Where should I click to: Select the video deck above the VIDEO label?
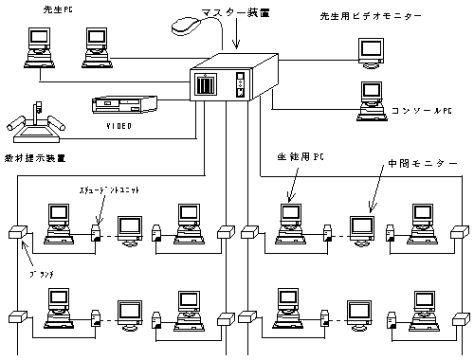(x=121, y=104)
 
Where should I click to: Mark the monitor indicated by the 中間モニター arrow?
(x=360, y=227)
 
